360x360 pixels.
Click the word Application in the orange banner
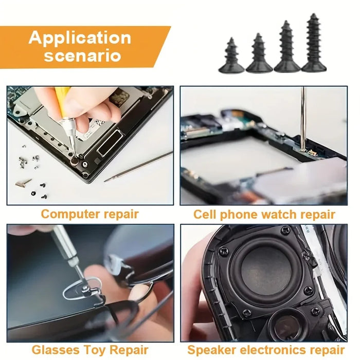click(x=80, y=38)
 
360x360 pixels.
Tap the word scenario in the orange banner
click(x=82, y=56)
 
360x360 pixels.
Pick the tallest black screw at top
click(x=314, y=43)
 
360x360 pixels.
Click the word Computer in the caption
click(x=70, y=214)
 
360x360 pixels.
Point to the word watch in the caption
click(x=279, y=214)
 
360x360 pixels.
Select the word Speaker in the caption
click(x=212, y=351)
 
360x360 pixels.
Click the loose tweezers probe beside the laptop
click(x=138, y=167)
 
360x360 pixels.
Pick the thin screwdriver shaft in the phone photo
click(x=303, y=118)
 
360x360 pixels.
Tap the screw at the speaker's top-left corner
click(x=223, y=251)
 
